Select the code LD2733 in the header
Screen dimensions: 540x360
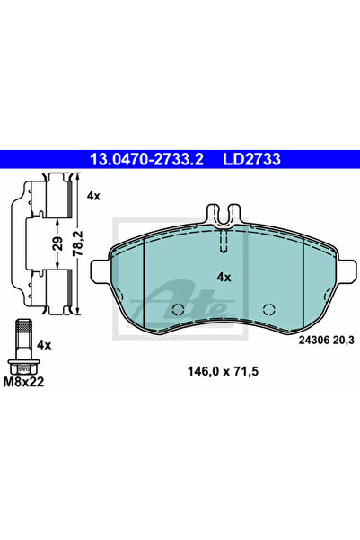coord(248,160)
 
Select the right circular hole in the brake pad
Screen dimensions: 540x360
coord(267,310)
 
